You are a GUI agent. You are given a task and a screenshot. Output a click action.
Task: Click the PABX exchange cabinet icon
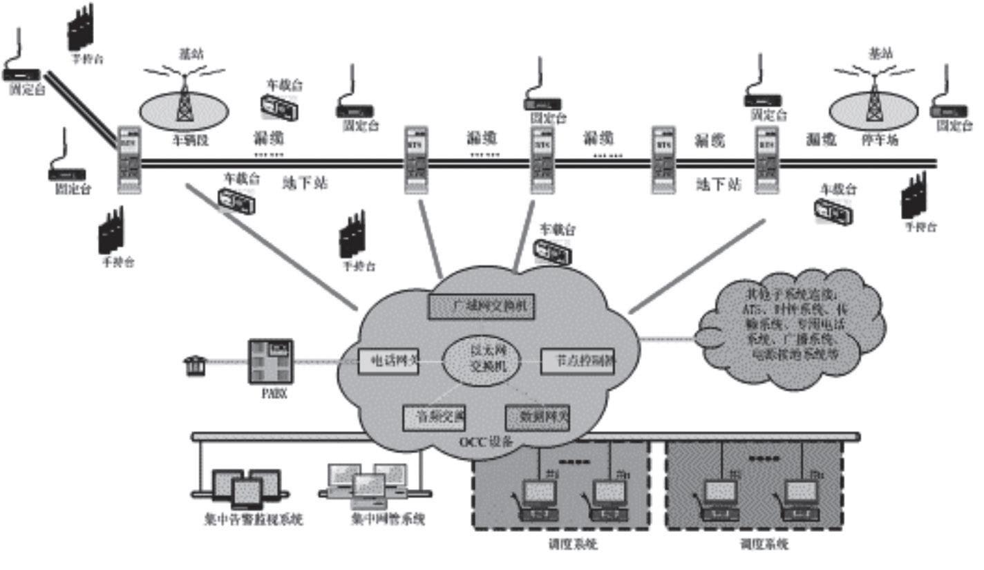pyautogui.click(x=271, y=361)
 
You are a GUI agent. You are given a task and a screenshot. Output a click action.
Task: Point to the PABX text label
pyautogui.click(x=270, y=394)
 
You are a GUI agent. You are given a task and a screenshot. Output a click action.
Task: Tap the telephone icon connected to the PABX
pyautogui.click(x=196, y=365)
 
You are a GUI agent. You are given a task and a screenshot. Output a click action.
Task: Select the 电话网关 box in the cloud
pyautogui.click(x=388, y=361)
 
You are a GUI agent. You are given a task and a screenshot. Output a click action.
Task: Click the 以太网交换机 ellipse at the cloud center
pyautogui.click(x=479, y=359)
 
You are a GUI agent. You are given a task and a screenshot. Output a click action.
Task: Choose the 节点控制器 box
pyautogui.click(x=576, y=361)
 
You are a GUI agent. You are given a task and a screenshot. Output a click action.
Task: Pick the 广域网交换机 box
pyautogui.click(x=482, y=306)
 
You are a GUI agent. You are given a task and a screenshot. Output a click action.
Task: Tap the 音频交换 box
pyautogui.click(x=434, y=417)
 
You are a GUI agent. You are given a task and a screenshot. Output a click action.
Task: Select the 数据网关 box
pyautogui.click(x=537, y=417)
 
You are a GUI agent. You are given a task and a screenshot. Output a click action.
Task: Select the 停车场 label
pyautogui.click(x=879, y=140)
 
